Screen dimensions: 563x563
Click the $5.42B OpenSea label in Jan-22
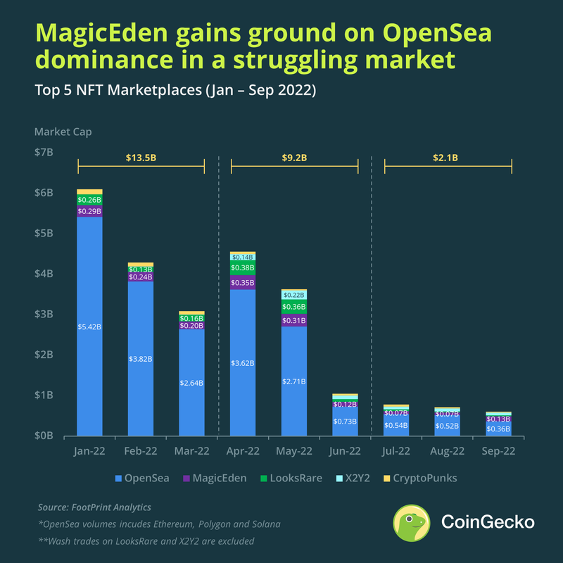coord(89,327)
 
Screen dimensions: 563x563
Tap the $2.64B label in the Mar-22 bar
coord(191,383)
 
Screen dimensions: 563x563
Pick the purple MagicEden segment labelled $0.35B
coord(243,282)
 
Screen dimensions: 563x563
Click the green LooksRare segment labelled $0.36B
coord(293,307)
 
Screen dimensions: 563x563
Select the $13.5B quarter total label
coord(141,158)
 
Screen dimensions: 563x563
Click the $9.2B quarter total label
coord(294,158)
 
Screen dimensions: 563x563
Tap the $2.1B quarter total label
coord(447,158)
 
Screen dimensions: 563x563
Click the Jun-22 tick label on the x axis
coord(345,450)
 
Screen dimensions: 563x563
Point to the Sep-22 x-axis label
coord(498,450)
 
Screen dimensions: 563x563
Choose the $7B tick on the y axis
coord(44,152)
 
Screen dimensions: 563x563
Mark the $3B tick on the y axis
coord(44,314)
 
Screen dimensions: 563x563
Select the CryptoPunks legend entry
coord(424,479)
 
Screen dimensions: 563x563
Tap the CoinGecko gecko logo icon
coord(412,523)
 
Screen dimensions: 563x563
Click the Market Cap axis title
coord(63,132)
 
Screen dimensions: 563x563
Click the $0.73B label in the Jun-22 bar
coord(345,422)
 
